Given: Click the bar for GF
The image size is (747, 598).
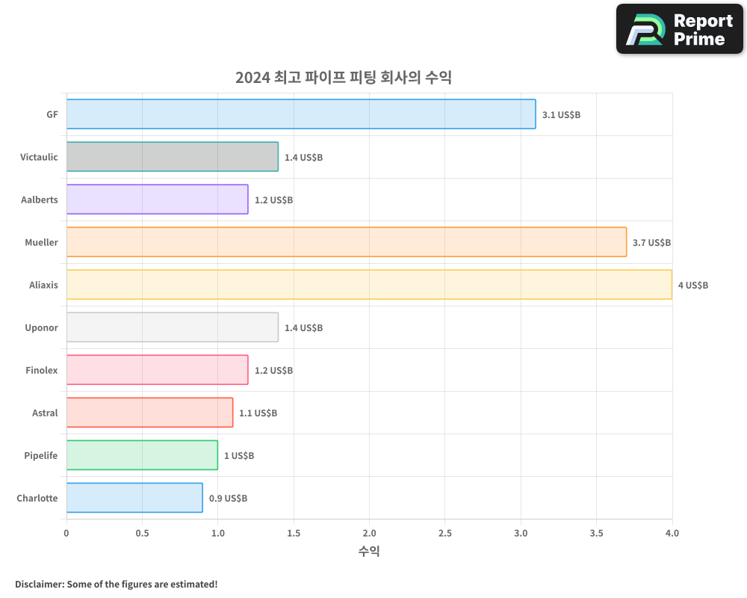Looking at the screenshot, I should click(x=301, y=114).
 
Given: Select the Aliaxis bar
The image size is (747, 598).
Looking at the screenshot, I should click(x=369, y=285).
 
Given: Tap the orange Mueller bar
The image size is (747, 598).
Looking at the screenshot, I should click(x=347, y=242).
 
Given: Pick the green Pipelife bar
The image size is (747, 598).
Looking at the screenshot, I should click(x=142, y=455).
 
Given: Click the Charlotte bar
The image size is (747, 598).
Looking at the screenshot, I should click(x=134, y=498).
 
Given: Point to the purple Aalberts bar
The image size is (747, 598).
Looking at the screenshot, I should click(x=157, y=200).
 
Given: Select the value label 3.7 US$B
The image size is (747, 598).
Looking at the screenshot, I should click(x=651, y=243).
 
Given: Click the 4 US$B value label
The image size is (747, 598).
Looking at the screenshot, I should click(x=692, y=286).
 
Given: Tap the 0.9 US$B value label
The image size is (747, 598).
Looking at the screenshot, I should click(x=228, y=499).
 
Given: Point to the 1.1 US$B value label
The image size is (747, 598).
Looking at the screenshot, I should click(x=258, y=413).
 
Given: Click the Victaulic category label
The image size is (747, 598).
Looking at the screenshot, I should click(x=39, y=157).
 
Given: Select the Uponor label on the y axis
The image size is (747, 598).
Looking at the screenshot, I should click(x=41, y=327).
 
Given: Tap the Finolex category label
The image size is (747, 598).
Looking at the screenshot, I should click(x=41, y=370).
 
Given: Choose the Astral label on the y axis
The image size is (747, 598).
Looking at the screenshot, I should click(x=45, y=413).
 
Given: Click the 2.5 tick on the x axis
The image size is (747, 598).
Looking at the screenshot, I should click(x=444, y=534).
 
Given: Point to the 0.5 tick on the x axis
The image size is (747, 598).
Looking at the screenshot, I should click(x=142, y=534).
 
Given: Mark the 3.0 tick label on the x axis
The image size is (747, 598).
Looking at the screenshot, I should click(x=521, y=534).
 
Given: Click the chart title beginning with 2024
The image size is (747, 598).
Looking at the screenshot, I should click(x=343, y=77).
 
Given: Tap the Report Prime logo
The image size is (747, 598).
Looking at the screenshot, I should click(x=679, y=29).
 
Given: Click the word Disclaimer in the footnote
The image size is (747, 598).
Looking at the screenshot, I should click(x=39, y=584).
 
